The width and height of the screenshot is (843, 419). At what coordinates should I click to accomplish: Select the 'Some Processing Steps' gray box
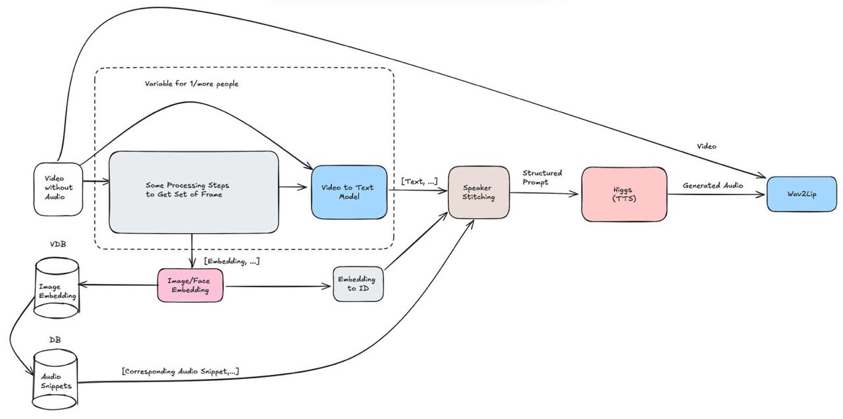click(194, 192)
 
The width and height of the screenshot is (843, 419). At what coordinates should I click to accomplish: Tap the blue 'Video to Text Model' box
click(348, 192)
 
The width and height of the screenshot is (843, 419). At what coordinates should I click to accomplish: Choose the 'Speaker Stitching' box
click(479, 192)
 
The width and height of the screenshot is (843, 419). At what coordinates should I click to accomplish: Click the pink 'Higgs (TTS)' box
click(624, 194)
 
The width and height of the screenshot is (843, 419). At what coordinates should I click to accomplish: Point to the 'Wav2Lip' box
click(802, 194)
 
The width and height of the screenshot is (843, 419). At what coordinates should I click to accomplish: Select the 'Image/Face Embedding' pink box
click(190, 285)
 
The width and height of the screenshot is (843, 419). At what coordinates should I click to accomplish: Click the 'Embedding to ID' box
click(358, 284)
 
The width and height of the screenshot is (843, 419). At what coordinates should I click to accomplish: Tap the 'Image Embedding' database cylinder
click(57, 291)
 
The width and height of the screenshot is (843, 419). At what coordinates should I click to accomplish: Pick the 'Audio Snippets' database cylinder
click(55, 380)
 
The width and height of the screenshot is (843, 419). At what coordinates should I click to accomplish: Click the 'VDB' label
click(58, 244)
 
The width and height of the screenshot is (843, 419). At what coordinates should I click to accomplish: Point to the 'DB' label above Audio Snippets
click(55, 340)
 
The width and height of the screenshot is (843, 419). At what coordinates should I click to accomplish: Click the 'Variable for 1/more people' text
click(192, 84)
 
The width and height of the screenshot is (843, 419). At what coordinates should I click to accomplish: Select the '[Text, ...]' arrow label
click(419, 181)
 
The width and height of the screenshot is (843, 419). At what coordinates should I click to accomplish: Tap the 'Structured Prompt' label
click(542, 177)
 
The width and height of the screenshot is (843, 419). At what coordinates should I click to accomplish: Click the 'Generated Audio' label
click(713, 186)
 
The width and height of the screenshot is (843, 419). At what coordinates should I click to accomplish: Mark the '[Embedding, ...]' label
click(232, 262)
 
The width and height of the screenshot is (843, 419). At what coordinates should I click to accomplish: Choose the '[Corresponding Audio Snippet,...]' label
click(180, 372)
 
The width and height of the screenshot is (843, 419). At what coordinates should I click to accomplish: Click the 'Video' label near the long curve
click(706, 146)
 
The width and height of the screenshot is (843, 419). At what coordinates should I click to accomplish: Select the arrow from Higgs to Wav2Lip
click(717, 194)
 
